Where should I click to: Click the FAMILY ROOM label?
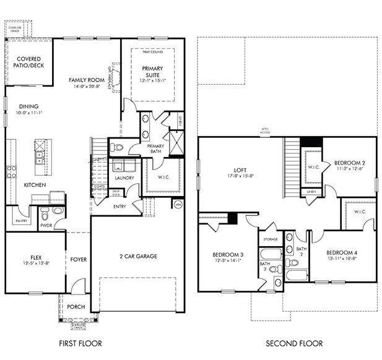point(85,80)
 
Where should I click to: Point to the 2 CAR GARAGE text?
point(137,256)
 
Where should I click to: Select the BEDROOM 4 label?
point(342,252)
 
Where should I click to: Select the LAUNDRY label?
point(124,179)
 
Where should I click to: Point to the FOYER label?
point(78,260)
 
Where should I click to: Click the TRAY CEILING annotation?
point(153,53)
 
